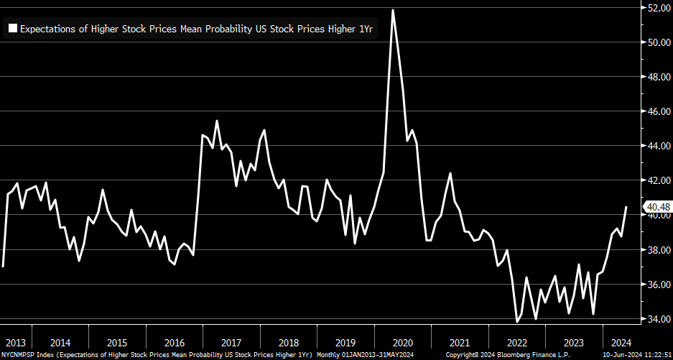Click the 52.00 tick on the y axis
(659, 8)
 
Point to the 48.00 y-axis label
(659, 77)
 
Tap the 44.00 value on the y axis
(659, 146)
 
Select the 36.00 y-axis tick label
(659, 285)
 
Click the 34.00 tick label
(659, 319)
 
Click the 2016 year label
(174, 342)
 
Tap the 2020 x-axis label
(403, 342)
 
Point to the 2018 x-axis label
(288, 342)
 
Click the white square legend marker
(12, 29)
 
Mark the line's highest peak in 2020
(393, 10)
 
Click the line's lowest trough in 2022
(517, 321)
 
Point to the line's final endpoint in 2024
(626, 207)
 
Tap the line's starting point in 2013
(3, 267)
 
